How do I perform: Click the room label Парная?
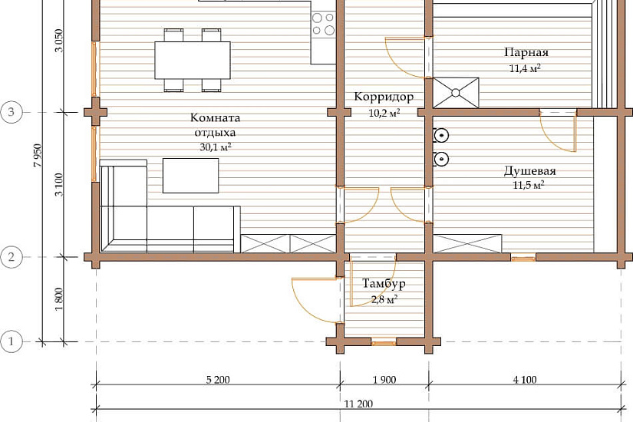pos(526,52)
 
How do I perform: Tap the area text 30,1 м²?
pos(216,147)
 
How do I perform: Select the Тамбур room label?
pos(384,284)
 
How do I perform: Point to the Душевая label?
pos(529,171)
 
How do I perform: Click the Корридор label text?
pos(384,97)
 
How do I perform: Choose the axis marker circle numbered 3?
pos(11,112)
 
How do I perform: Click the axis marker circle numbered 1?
pos(11,341)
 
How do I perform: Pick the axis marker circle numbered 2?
pos(11,257)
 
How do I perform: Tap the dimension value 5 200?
pos(218,380)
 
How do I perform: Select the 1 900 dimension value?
pos(384,380)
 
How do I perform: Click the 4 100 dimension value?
pos(525,380)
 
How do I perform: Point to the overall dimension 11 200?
pos(358,404)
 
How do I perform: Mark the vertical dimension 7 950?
pos(38,155)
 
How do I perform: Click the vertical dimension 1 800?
pos(59,299)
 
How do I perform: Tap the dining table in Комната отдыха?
pos(193,60)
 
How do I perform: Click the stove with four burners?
pos(323,24)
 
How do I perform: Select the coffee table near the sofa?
pos(190,176)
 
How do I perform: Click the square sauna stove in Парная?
pos(456,93)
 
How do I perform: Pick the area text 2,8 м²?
pos(384,300)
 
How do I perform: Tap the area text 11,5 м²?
pos(529,186)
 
